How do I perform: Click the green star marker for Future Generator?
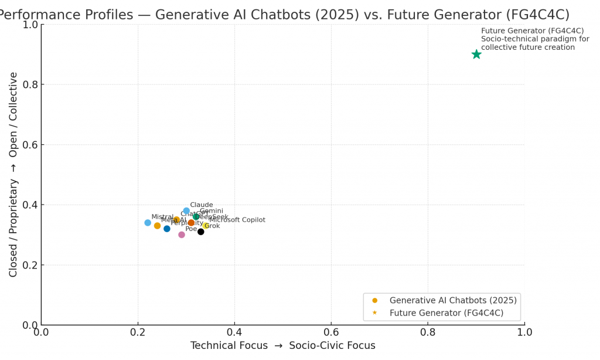coord(476,55)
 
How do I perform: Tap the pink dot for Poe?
coord(182,235)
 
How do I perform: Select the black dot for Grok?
coord(201,232)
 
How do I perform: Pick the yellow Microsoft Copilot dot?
coord(206,226)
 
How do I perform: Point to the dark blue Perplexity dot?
coord(167,229)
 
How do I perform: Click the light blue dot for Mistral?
coord(148,223)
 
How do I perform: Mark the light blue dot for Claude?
coord(186,211)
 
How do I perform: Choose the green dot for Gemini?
coord(196,217)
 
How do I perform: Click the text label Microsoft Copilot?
coord(237,220)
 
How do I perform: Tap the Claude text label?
coord(202,205)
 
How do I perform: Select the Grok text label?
coord(212,226)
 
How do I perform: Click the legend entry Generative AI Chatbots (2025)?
coord(453,300)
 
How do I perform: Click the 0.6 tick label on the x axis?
coord(331,332)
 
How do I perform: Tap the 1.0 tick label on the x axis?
coord(524,332)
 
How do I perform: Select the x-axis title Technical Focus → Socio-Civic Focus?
coord(283,346)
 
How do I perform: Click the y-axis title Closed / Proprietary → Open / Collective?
coord(13,174)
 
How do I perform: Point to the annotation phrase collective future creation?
coord(528,47)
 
